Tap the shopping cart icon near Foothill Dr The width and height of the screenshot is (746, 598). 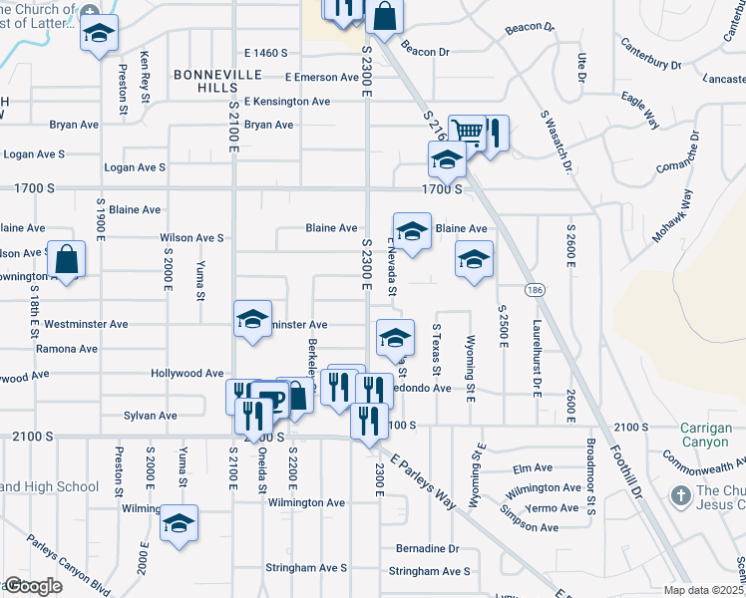[x=466, y=132]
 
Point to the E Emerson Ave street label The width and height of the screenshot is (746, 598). [x=320, y=77]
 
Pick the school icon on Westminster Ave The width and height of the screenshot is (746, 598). [x=253, y=320]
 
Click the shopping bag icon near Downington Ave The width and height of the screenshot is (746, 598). [x=66, y=259]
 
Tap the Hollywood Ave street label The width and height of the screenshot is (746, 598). [x=186, y=374]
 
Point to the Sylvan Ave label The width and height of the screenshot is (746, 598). [x=150, y=416]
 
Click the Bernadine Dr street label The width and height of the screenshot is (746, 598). [x=427, y=549]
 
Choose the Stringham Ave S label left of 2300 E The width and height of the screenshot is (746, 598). [x=306, y=568]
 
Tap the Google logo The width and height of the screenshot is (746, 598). [x=32, y=586]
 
